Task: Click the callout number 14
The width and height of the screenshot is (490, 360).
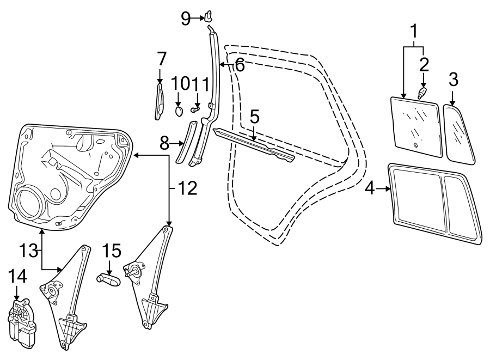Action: tap(17, 277)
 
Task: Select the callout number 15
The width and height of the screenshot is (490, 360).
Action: tap(111, 251)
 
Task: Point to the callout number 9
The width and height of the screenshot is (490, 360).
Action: tap(186, 19)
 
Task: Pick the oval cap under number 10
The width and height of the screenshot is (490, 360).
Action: tap(180, 112)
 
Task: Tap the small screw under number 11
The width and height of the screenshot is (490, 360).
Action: tap(194, 108)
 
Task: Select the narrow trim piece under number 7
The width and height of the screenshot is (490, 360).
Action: tap(159, 100)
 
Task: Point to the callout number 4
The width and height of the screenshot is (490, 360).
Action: tap(370, 189)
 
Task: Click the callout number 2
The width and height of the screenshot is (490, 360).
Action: tap(424, 64)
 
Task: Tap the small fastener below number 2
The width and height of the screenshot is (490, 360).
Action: tap(422, 93)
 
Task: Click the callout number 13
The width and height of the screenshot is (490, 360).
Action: tap(30, 251)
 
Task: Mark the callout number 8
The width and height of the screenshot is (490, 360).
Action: tap(164, 144)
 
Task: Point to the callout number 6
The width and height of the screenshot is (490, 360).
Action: tap(239, 66)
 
